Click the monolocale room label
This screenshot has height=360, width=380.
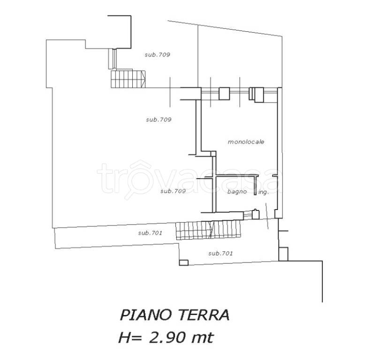coord(246,142)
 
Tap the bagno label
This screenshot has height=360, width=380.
coord(237,192)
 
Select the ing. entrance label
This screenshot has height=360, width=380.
coord(264,192)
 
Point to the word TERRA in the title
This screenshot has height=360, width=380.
coord(205,315)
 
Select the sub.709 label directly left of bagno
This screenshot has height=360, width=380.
coord(173,191)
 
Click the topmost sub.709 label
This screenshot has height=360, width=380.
coord(158,55)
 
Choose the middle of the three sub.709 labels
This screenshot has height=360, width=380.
coord(159,120)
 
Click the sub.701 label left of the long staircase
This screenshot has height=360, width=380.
coord(150,233)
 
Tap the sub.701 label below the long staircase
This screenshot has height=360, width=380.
coord(220,254)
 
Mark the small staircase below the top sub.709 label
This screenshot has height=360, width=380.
coord(128,79)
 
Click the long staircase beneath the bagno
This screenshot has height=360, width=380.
coord(209,230)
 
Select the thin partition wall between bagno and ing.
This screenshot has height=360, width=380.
coord(255,186)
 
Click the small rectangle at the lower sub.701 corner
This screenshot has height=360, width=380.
coord(184,262)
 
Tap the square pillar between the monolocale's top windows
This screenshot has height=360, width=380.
coord(224,93)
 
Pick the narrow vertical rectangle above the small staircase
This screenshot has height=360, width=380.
coord(111,59)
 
